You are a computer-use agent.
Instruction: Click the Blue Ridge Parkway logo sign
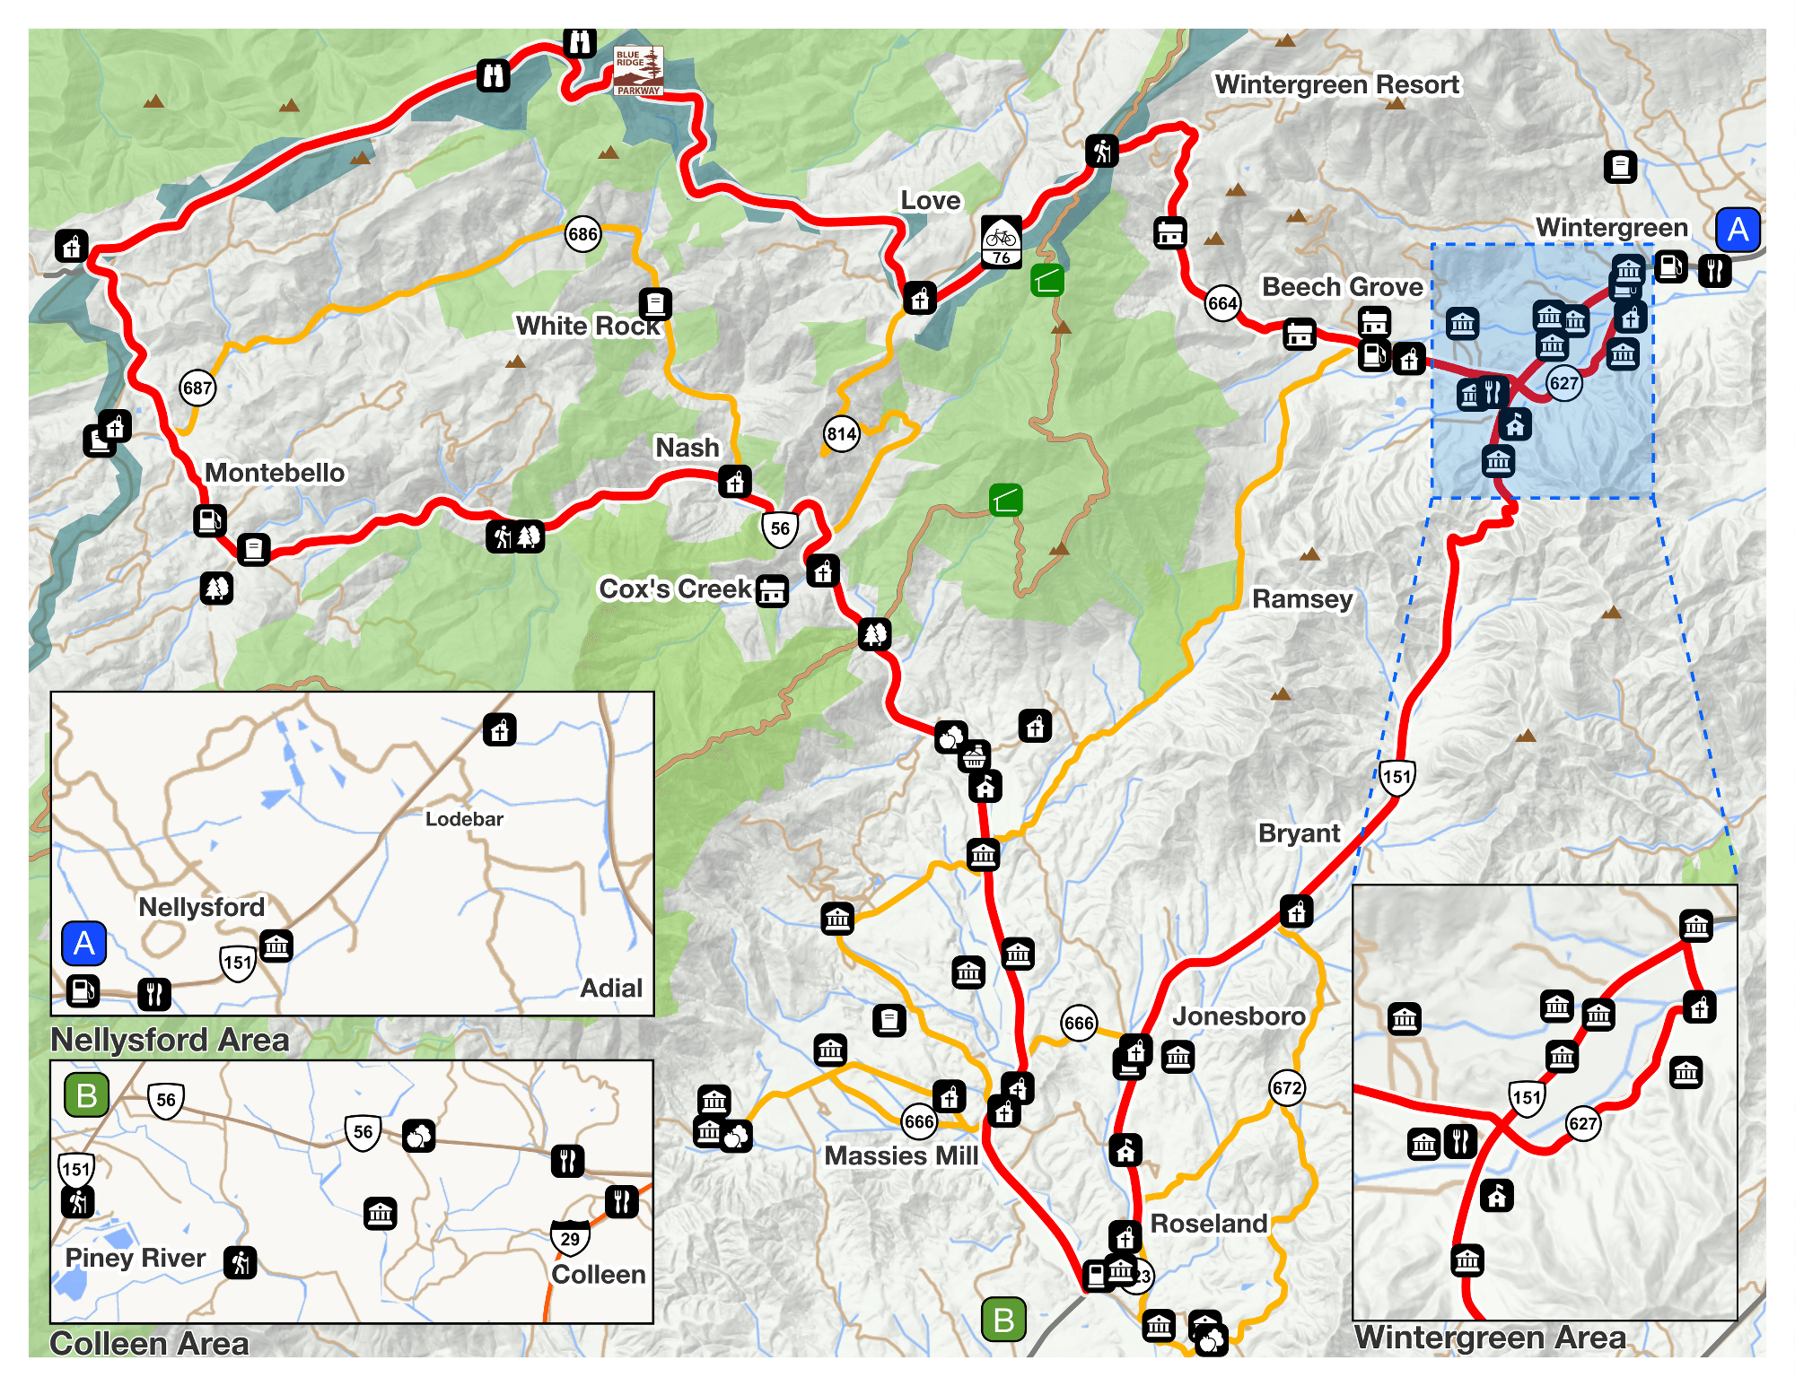638,71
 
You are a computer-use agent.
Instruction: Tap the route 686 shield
582,235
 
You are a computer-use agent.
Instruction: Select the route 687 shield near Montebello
197,388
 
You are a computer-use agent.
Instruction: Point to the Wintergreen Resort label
1336,84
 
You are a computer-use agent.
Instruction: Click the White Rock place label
587,326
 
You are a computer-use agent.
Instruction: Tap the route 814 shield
842,435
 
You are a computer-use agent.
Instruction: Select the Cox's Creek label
675,589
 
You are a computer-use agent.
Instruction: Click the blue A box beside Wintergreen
1738,230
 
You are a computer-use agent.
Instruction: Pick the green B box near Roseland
1003,1320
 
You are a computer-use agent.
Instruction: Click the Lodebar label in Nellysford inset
464,819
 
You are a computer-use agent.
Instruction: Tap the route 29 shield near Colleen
570,1238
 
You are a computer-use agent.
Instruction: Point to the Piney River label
136,1258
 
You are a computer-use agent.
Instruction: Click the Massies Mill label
901,1155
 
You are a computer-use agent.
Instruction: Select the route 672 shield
1287,1088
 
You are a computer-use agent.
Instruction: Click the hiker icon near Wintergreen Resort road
1102,151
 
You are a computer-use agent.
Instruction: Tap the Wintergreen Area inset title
1490,1338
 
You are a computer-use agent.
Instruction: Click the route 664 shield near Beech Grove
1222,303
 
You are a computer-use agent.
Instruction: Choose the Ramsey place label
1302,599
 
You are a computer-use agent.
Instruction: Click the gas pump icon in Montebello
210,520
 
